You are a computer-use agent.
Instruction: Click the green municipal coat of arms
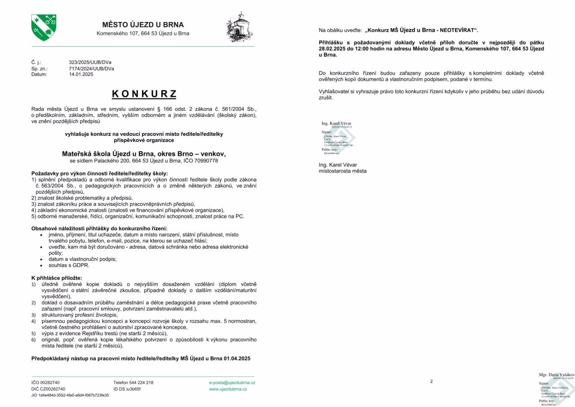(44, 27)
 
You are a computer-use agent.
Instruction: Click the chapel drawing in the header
(239, 27)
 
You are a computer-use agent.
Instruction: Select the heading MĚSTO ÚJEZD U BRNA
(143, 25)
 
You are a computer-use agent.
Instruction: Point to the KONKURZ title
(144, 94)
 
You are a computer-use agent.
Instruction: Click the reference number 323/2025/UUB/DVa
(90, 63)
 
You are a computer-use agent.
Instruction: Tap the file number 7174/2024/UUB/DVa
(91, 69)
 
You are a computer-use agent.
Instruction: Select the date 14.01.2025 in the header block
(81, 75)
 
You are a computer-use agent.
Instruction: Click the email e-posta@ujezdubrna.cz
(232, 383)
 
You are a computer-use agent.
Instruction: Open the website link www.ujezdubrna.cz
(228, 389)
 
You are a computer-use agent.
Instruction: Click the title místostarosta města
(342, 171)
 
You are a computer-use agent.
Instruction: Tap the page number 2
(431, 381)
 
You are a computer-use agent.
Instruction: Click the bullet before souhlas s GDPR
(41, 265)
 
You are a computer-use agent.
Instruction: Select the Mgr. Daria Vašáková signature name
(556, 375)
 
